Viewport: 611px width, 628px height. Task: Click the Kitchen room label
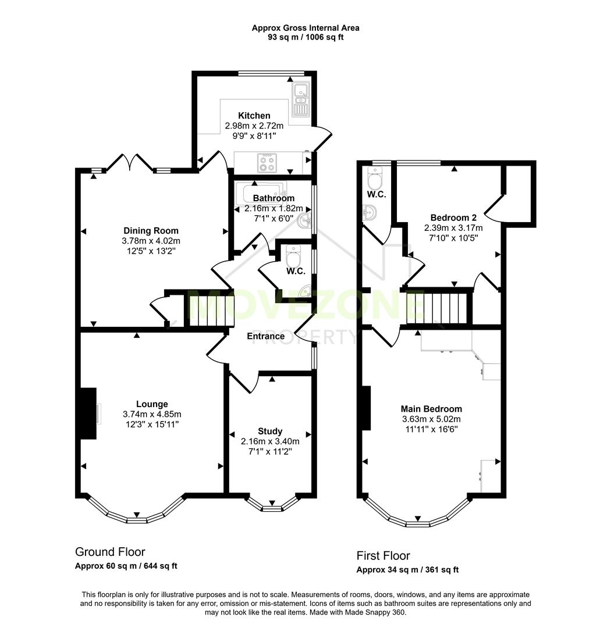point(254,116)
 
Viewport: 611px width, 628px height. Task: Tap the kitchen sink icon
point(301,98)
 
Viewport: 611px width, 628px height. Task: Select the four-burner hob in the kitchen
point(268,162)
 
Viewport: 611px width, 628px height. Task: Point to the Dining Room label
point(151,231)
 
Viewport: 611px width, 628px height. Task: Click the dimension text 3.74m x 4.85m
point(152,414)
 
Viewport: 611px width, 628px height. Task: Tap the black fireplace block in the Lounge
point(88,413)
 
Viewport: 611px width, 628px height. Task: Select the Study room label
point(270,431)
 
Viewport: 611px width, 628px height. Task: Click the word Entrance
point(266,336)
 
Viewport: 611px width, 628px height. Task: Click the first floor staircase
point(438,308)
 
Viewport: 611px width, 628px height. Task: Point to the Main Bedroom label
point(431,409)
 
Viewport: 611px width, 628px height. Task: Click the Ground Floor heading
point(110,552)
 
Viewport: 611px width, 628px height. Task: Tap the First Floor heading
point(383,556)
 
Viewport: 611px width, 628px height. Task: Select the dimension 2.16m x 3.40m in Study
point(270,441)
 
